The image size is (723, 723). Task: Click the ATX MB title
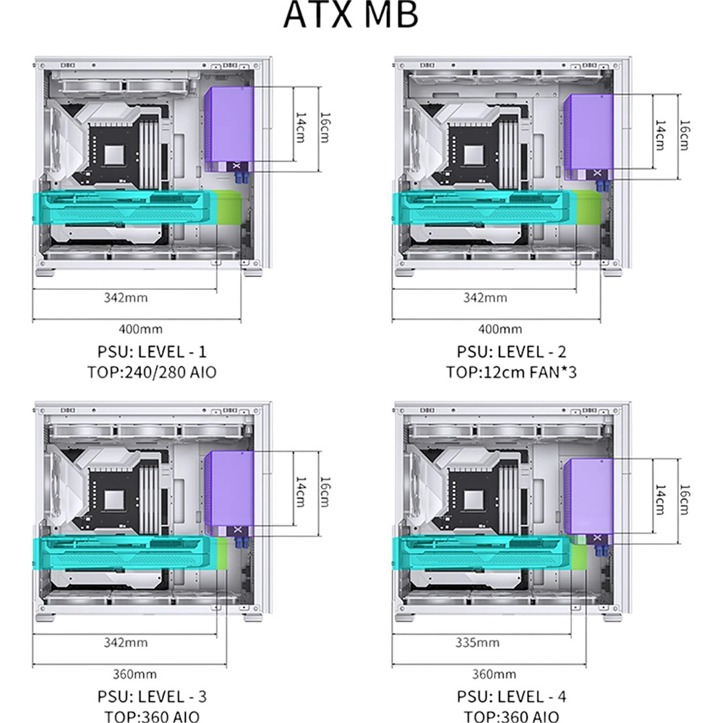(x=351, y=14)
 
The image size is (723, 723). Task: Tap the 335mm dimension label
(x=477, y=642)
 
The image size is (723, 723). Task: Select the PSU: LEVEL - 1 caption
(x=152, y=352)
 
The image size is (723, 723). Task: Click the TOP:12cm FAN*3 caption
(x=511, y=372)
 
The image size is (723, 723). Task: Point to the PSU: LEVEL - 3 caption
(x=152, y=696)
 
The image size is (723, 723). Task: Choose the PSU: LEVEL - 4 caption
(x=511, y=696)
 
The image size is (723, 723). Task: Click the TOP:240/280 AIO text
(x=152, y=372)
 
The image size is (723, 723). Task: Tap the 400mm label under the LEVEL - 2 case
(x=500, y=329)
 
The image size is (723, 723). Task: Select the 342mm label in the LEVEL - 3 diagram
(x=125, y=642)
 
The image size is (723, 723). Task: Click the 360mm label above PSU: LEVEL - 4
(x=494, y=674)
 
